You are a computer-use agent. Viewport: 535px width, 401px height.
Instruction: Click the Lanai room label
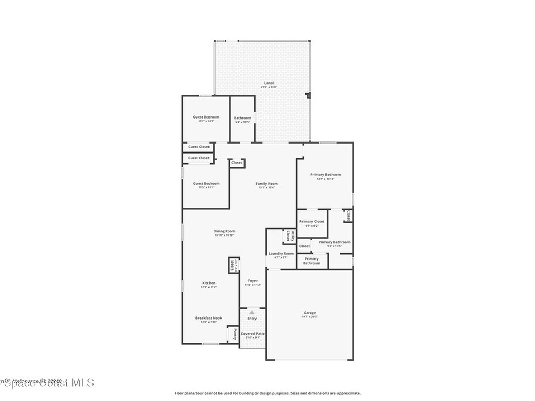point(269,83)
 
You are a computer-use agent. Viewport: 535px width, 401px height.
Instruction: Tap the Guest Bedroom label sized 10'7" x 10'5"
point(206,117)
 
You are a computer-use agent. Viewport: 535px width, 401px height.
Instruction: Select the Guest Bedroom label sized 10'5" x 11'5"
point(206,183)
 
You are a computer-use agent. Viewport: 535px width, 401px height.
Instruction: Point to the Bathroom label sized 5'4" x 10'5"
point(242,118)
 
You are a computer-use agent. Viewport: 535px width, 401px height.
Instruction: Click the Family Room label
point(266,183)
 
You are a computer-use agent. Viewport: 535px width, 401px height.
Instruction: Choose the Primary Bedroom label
point(325,175)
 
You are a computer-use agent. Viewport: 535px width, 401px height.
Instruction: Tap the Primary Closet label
point(312,221)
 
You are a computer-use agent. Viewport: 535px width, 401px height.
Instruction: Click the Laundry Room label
point(281,253)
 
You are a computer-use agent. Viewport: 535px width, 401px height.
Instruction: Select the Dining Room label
point(224,231)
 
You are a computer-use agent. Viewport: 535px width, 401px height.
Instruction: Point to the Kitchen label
point(208,283)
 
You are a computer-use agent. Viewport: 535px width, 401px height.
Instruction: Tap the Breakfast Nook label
point(208,317)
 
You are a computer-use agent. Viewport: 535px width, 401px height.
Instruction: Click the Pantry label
point(236,333)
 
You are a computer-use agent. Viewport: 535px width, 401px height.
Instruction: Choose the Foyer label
point(252,280)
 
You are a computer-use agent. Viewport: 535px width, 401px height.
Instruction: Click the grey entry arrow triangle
point(252,312)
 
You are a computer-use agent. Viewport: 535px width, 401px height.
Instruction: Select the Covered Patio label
point(253,333)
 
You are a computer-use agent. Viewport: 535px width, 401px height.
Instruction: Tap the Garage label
point(309,313)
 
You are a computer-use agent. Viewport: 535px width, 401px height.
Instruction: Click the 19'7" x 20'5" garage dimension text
point(309,317)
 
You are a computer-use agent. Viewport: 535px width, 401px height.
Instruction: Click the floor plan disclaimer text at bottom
point(267,393)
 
